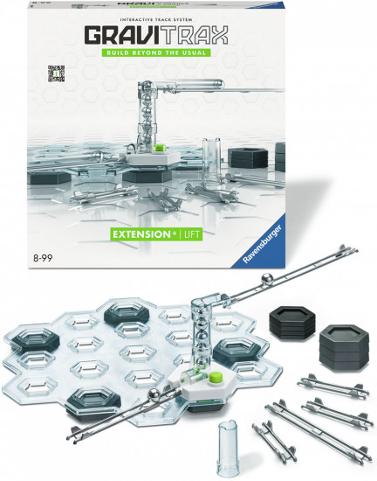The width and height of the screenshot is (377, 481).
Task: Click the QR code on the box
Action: click(x=57, y=73)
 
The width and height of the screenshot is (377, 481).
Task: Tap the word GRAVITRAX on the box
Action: click(x=156, y=35)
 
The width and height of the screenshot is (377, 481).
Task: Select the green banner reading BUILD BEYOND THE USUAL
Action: click(x=156, y=52)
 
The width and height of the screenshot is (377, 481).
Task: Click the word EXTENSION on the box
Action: click(x=141, y=234)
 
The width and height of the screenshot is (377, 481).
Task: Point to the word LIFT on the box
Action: click(x=192, y=234)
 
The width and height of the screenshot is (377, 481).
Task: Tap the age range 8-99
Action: click(x=43, y=258)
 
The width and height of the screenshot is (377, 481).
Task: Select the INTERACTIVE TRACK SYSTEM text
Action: click(x=156, y=19)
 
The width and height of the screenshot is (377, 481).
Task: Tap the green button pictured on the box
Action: click(x=159, y=149)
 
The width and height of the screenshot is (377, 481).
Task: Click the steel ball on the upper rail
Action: click(x=266, y=279)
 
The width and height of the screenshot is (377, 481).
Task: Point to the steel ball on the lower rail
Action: click(x=154, y=394)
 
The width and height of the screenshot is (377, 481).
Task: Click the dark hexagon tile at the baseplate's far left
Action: click(x=31, y=339)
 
